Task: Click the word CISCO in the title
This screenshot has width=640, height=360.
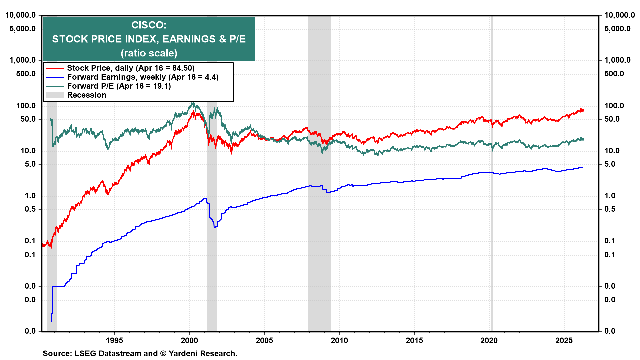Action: [x=149, y=25]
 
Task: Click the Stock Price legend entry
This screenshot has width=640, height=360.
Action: [x=130, y=68]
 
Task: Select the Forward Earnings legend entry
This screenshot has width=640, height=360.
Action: [x=142, y=77]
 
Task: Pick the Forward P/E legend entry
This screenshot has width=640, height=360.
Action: [x=119, y=86]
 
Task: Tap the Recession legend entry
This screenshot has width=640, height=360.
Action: [x=86, y=95]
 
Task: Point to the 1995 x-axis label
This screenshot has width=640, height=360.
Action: [x=114, y=340]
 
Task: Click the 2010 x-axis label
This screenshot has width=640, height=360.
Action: [x=339, y=340]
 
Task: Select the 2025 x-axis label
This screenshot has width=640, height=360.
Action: [x=564, y=340]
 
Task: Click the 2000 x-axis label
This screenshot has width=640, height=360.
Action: [x=189, y=340]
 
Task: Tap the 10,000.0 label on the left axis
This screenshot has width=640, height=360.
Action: [x=21, y=15]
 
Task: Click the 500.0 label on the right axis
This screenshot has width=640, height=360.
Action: [x=614, y=74]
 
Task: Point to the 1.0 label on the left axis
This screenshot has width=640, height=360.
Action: [x=30, y=196]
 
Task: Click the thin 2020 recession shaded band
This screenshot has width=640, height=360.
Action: [x=492, y=233]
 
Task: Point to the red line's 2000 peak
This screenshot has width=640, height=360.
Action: [x=193, y=111]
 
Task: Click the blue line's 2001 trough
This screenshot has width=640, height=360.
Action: [x=215, y=227]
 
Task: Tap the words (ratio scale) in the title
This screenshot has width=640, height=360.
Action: [x=149, y=53]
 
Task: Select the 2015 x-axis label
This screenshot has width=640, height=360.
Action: [x=414, y=340]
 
